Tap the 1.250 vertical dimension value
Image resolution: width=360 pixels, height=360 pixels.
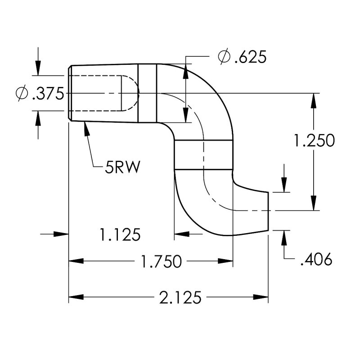click(x=314, y=141)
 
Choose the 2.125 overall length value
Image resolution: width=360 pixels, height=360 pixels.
click(x=180, y=297)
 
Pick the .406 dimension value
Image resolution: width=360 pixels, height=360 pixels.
click(x=315, y=260)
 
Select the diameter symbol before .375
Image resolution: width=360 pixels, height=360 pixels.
click(x=21, y=94)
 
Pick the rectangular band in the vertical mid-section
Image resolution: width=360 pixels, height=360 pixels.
click(x=203, y=155)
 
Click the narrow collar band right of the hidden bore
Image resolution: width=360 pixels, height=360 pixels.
click(x=147, y=94)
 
